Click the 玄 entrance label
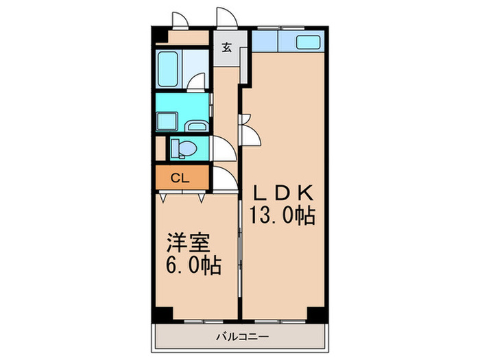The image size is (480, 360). click(226, 48)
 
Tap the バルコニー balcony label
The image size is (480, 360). click(243, 336)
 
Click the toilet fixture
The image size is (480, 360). click(183, 147)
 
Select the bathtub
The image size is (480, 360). click(169, 67)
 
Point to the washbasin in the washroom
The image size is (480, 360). click(197, 125)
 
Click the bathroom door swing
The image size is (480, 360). click(197, 82)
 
